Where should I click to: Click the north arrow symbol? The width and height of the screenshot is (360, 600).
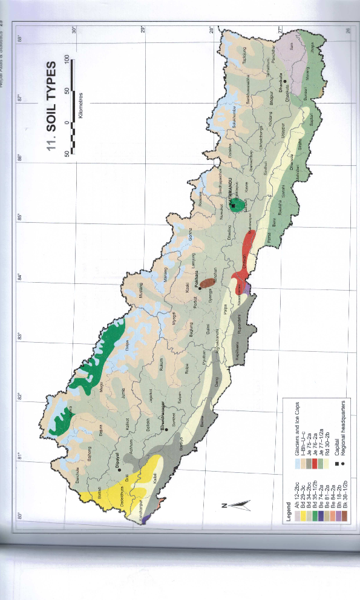(x=238, y=502)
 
